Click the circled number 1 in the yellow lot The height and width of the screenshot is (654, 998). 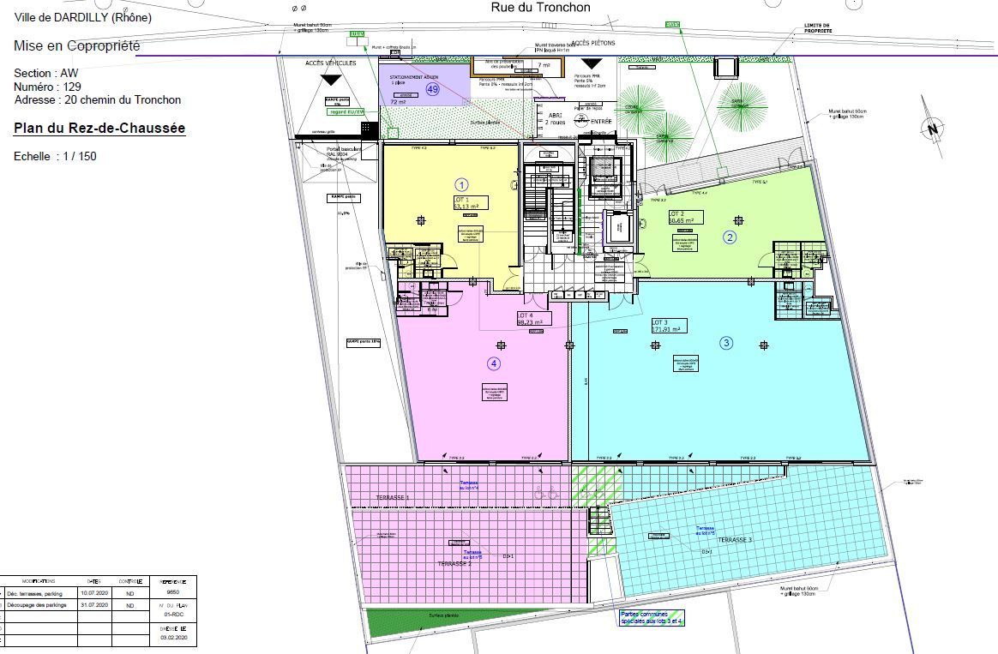click(x=461, y=184)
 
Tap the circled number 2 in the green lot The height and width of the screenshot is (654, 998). click(x=730, y=237)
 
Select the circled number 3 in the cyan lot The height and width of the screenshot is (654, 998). click(x=726, y=343)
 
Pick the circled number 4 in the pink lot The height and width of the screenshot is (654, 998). click(x=494, y=363)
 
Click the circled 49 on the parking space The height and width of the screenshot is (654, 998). click(x=433, y=89)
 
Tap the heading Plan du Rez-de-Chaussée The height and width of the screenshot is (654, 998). click(x=99, y=129)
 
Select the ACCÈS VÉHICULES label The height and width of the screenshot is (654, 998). click(x=330, y=63)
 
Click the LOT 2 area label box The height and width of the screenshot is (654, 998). click(x=685, y=217)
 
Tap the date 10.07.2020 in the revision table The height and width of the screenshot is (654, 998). click(x=94, y=592)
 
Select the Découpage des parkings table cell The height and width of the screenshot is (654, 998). click(x=35, y=605)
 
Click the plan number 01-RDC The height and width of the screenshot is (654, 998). click(x=174, y=615)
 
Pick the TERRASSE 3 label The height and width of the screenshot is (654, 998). click(x=735, y=540)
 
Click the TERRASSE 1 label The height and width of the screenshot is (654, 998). click(x=393, y=498)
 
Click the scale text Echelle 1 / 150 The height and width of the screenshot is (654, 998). click(x=55, y=157)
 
